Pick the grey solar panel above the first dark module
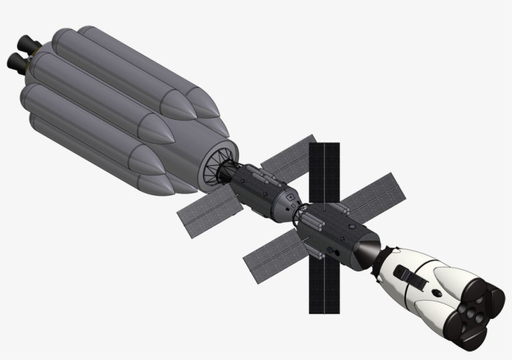(288, 156)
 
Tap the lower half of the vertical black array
(323, 281)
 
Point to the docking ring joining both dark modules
(300, 213)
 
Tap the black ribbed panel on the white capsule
(413, 278)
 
